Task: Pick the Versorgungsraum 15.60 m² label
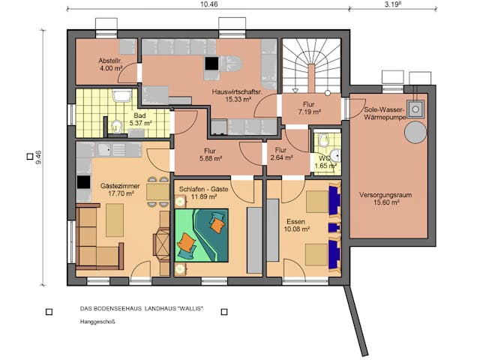pos(389,197)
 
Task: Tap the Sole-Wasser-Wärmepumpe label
pos(385,113)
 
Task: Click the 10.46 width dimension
pos(209,4)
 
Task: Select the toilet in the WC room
pos(323,139)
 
